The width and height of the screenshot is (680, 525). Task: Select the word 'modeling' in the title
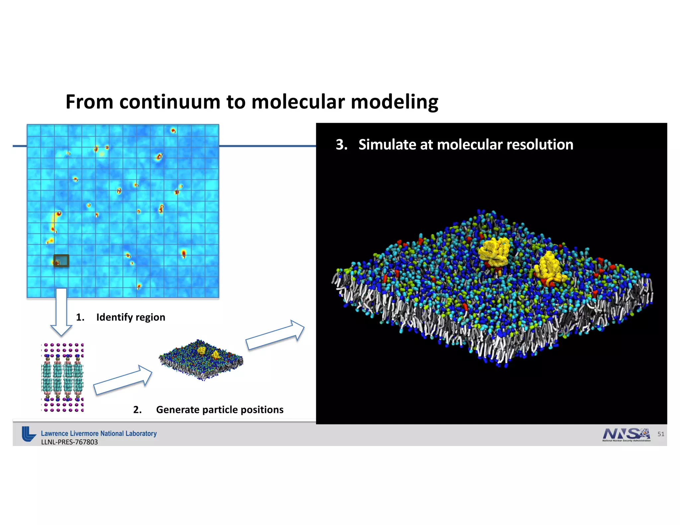(394, 102)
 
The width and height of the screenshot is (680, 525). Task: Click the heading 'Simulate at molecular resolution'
(466, 145)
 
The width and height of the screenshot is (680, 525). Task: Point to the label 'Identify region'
(130, 317)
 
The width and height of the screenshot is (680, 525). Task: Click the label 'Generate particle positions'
(219, 410)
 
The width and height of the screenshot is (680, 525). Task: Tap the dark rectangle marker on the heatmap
(61, 261)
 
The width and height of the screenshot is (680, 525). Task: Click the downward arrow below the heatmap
(61, 312)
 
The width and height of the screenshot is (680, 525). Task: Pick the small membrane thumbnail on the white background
(201, 360)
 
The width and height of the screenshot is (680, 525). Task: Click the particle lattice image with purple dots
(62, 378)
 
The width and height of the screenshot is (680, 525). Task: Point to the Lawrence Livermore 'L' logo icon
(29, 434)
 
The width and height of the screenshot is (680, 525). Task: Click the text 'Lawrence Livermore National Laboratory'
(99, 433)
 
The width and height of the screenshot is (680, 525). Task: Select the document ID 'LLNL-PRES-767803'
(69, 442)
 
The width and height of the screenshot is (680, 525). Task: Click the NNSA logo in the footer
(626, 434)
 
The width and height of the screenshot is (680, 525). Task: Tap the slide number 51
(661, 434)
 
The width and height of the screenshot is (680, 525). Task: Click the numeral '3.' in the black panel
(341, 145)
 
